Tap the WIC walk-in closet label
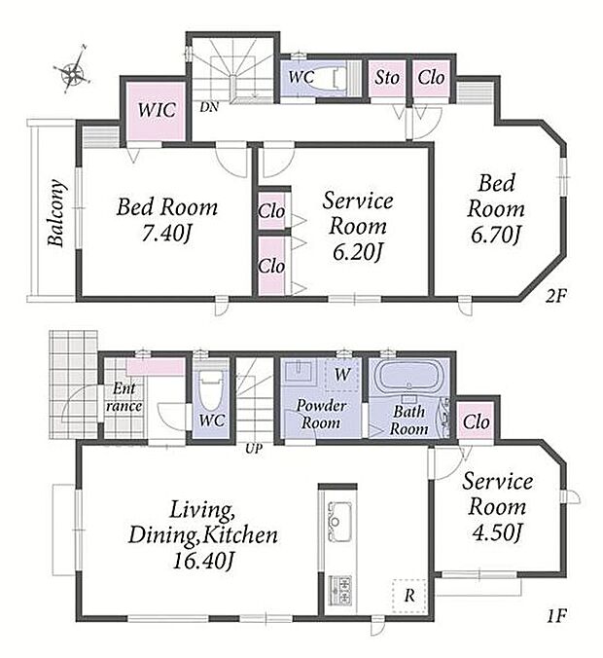point(155,110)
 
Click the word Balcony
point(56,213)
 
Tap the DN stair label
point(208,108)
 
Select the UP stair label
point(255,450)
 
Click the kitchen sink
point(339,517)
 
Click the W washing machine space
point(342,372)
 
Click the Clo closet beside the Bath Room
point(475,421)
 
